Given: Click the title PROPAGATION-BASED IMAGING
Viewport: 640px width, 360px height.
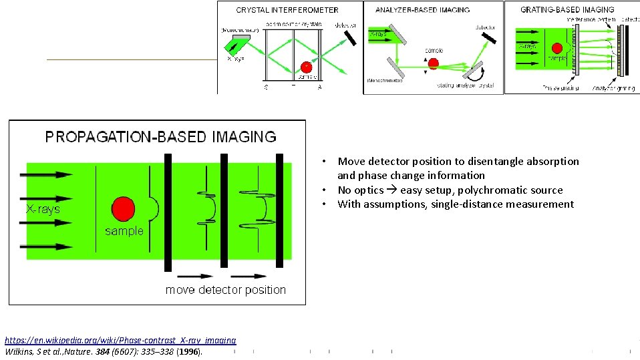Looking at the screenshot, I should coord(160,137).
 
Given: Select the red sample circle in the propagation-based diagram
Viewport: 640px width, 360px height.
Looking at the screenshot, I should coord(123,208).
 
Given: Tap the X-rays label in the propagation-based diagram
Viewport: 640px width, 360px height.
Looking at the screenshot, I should coord(43,209).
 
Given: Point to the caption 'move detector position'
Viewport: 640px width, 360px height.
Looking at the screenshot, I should coord(225,290).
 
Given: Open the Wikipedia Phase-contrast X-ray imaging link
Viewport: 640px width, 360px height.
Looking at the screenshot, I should coord(120,340).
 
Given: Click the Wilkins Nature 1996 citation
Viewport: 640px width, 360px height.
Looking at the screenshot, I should coord(103,351).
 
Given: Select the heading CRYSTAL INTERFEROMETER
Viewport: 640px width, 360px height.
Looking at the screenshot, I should coord(287,10).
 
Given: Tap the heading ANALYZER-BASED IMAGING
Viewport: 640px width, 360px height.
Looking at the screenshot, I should coord(422,10).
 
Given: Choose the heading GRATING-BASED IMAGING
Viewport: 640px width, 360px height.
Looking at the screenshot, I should coord(567,10).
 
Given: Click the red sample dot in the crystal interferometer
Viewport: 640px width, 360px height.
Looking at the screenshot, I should coord(306,67).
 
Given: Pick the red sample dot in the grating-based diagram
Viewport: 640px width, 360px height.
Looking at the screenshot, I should coord(554,49).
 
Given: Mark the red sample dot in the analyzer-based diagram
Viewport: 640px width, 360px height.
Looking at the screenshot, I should coord(433,64).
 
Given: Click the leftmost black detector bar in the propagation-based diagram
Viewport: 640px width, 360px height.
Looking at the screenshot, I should coord(168,213).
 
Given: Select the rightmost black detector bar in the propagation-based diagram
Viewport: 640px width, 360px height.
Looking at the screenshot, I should coord(279,213).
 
